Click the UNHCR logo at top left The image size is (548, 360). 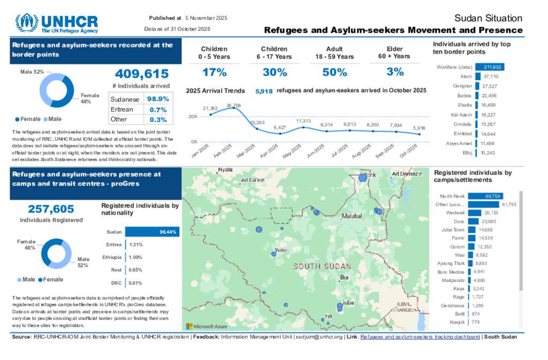57,24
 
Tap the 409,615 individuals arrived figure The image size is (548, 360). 142,74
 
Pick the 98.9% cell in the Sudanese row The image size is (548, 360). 158,99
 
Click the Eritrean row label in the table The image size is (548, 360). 122,109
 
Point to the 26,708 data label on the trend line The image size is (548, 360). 233,105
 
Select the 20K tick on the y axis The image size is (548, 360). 193,117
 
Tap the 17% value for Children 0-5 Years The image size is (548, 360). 215,72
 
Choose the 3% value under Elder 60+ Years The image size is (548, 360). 395,72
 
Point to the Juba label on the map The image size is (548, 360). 348,302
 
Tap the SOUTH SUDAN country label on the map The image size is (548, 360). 322,266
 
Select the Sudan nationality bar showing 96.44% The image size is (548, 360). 152,232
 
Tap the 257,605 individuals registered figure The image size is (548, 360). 51,209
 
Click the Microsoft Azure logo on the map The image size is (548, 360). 207,326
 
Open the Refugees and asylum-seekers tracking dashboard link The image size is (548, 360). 420,337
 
